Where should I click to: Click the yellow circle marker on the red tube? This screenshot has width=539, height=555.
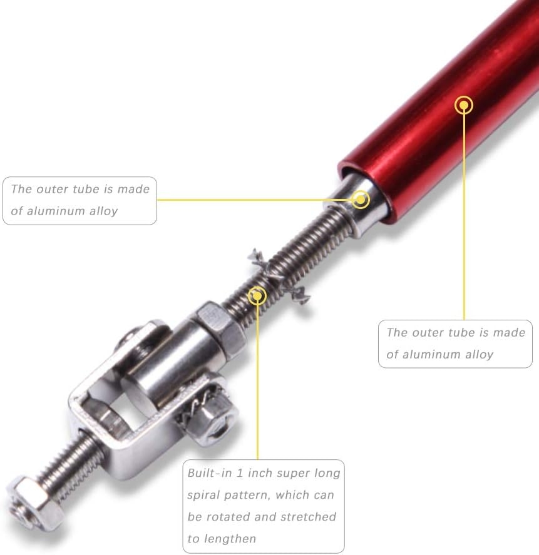[464, 105]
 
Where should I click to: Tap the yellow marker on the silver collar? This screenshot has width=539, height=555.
[361, 200]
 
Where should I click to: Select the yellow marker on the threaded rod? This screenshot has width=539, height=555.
[257, 295]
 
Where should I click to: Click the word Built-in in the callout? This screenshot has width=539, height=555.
[210, 473]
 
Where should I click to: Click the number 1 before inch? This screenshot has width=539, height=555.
[240, 473]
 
